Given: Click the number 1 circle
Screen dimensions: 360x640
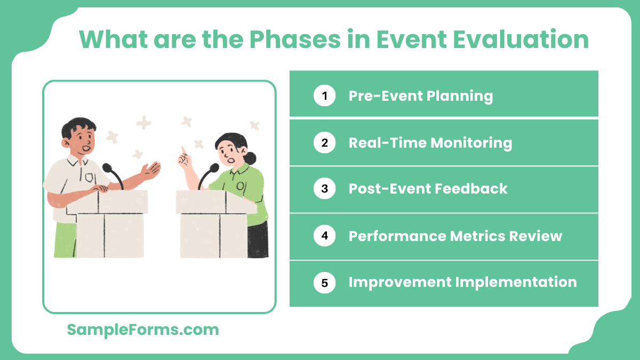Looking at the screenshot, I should coord(324,96).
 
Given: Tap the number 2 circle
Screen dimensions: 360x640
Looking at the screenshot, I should coord(324,143).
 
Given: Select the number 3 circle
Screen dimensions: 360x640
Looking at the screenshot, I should coord(324,189).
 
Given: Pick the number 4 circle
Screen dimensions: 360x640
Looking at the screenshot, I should coord(324,236).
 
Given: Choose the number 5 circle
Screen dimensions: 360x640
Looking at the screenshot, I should coord(324,282).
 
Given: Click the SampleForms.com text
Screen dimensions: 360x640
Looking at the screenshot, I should coord(143,330).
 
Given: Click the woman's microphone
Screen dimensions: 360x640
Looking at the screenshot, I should coord(213,168).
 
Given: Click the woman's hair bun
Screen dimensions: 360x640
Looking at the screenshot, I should coord(251,158).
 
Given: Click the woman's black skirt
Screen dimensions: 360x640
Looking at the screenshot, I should coord(258,239).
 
